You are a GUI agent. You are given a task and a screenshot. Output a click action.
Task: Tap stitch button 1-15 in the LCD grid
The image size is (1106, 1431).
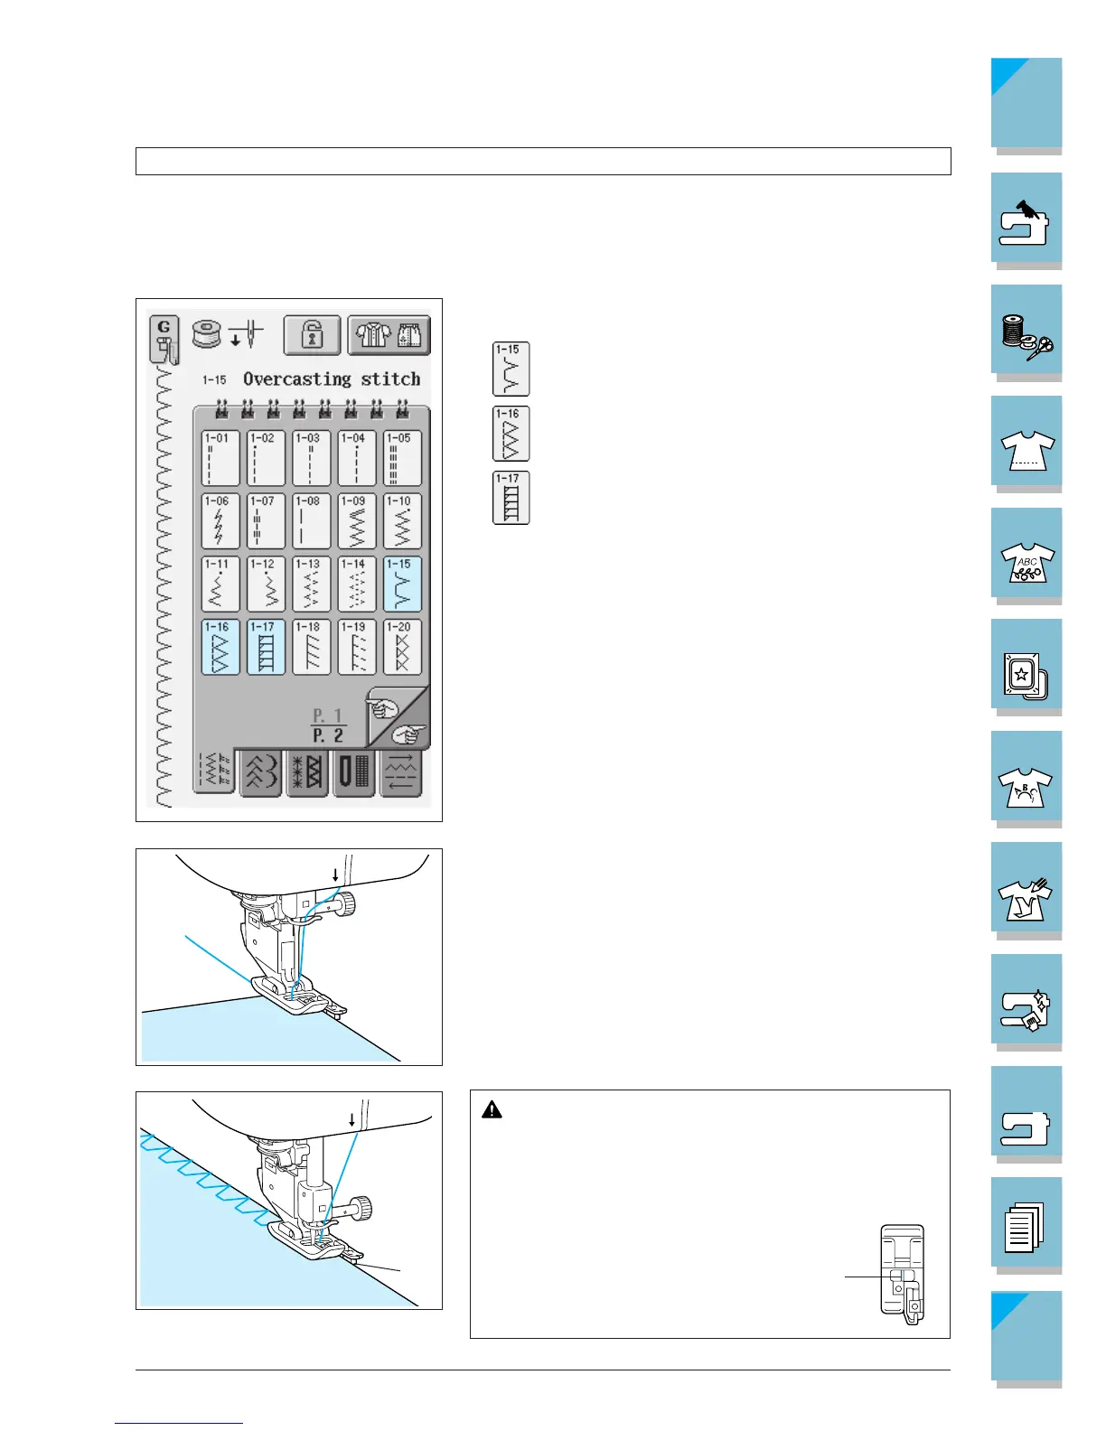click(402, 584)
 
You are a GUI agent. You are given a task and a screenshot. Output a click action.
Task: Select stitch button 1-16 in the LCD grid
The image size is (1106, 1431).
click(220, 647)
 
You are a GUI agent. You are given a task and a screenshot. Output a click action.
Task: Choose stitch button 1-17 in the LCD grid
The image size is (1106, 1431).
click(266, 647)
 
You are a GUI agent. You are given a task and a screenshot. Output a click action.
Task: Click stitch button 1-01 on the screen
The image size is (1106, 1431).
click(220, 458)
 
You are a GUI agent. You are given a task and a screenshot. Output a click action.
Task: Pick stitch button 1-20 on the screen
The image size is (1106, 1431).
click(402, 647)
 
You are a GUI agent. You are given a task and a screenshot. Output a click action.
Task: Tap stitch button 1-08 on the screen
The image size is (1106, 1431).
click(311, 521)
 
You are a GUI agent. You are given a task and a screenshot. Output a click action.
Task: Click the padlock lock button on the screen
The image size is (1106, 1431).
click(313, 335)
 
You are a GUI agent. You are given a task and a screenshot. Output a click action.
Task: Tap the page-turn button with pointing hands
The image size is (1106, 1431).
click(398, 717)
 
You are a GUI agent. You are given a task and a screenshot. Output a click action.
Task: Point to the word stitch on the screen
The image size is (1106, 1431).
click(390, 379)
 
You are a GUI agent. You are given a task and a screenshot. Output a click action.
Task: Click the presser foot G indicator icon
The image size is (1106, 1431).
click(164, 340)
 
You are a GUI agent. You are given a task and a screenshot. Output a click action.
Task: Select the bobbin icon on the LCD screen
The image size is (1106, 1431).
click(207, 333)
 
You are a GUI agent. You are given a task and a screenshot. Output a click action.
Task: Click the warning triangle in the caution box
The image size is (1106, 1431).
click(492, 1109)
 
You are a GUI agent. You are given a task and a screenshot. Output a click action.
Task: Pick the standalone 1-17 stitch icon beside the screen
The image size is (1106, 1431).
click(511, 498)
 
